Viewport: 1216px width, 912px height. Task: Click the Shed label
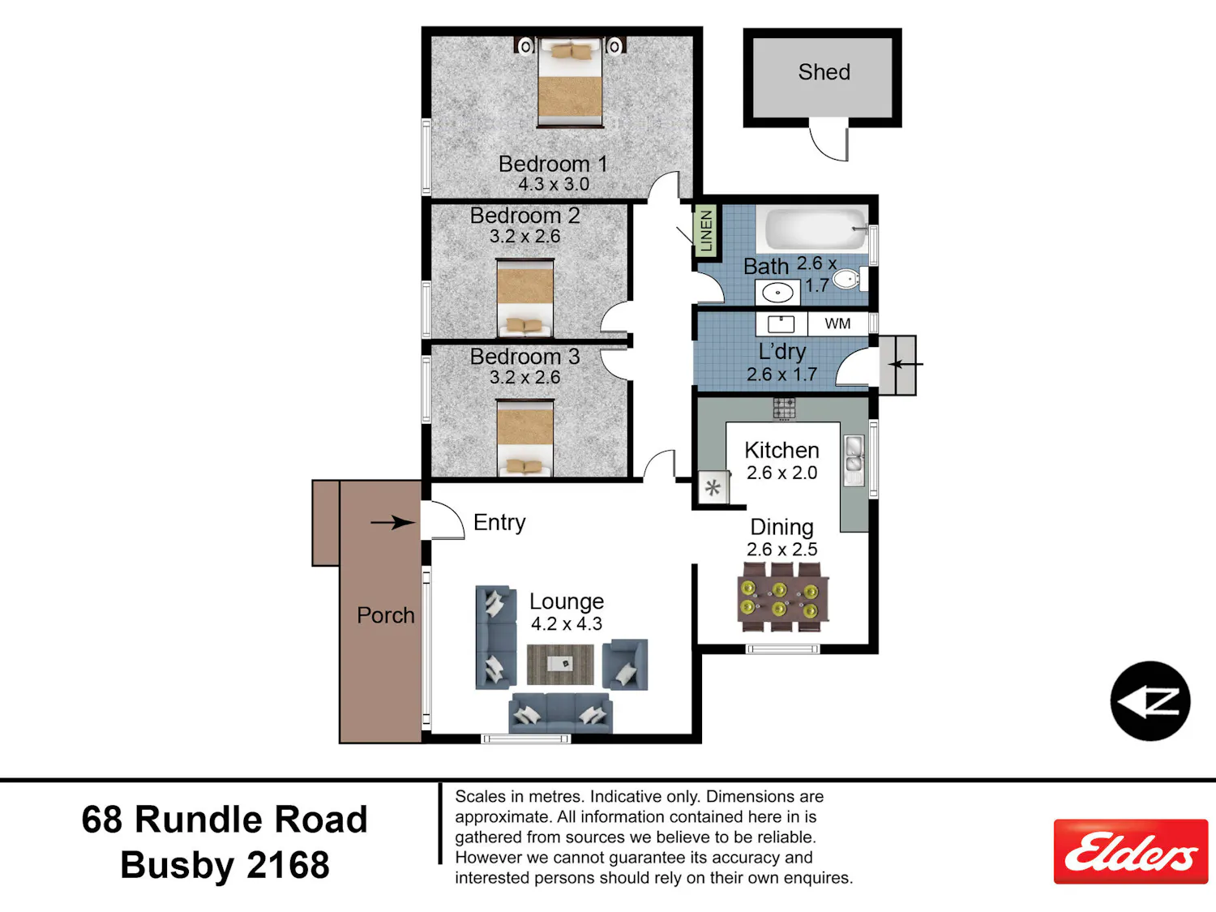[824, 72]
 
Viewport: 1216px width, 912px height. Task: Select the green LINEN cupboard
[706, 231]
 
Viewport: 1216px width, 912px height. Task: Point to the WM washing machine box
[837, 324]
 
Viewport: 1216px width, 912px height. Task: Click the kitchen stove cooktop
[784, 409]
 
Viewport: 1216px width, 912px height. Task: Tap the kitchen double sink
[854, 460]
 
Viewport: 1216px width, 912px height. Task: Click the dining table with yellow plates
[783, 597]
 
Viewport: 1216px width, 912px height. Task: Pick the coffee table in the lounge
[560, 664]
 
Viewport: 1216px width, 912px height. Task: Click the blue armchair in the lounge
[625, 665]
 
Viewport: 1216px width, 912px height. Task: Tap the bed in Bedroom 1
[570, 83]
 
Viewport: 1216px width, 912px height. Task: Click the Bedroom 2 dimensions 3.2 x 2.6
[525, 237]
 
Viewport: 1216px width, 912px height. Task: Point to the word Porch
[386, 615]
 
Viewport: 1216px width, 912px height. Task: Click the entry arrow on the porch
[393, 522]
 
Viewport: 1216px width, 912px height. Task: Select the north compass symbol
[1150, 701]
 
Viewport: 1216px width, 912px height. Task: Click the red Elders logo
[1131, 851]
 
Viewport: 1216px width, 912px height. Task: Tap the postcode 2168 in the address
[288, 865]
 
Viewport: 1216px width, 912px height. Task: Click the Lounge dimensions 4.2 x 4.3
[566, 624]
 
